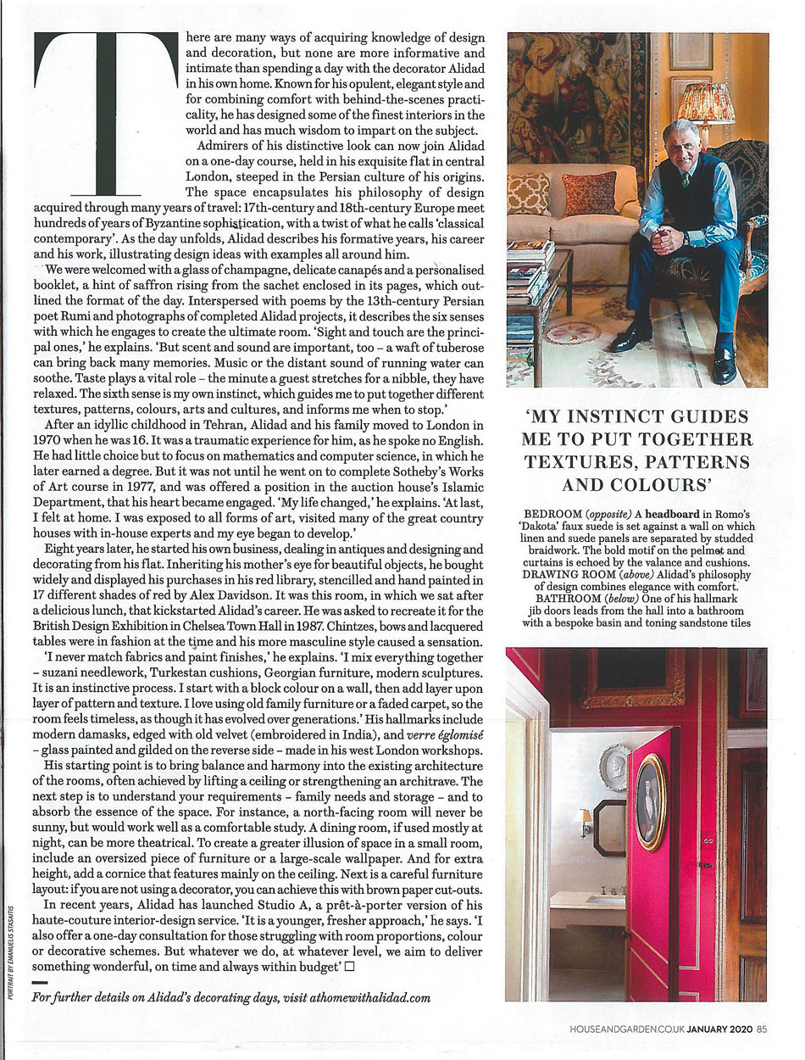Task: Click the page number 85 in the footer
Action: tap(762, 1029)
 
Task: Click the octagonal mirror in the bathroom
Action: tap(610, 827)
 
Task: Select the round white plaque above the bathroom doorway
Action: tap(617, 766)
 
